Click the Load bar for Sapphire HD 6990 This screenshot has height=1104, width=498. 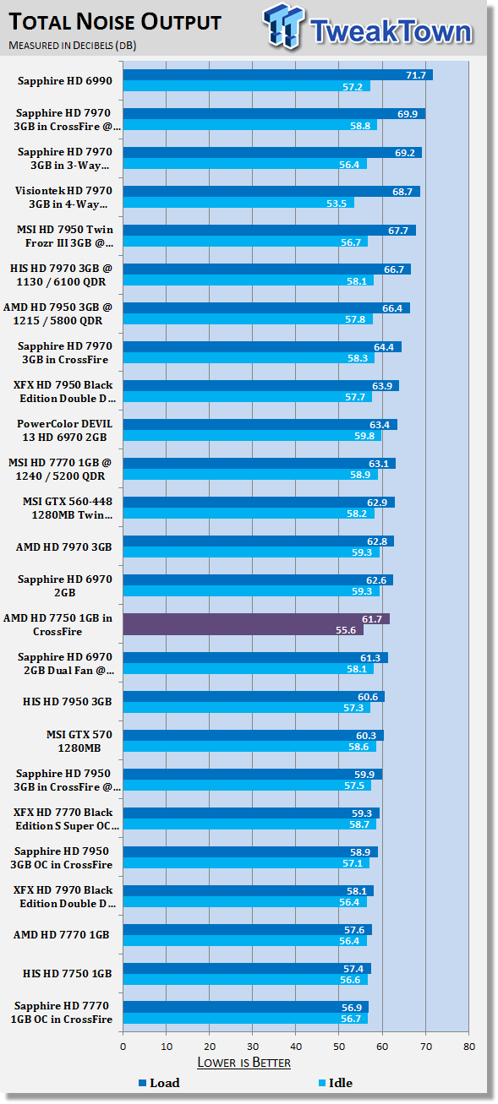[278, 75]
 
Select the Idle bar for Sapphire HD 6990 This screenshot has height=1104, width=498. [247, 86]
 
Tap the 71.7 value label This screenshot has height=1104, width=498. [416, 75]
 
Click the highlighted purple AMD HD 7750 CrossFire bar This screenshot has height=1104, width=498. [256, 624]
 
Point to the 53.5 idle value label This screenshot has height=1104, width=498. [337, 203]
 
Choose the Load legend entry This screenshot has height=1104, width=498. [159, 1083]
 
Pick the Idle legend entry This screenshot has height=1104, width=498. [335, 1083]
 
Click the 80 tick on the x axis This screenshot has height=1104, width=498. [469, 1047]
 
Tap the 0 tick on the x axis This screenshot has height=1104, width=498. [123, 1047]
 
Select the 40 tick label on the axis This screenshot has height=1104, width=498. [296, 1047]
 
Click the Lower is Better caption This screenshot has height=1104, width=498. [244, 1062]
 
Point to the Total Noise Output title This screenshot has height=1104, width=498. [115, 22]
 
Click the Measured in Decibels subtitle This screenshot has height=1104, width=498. [73, 46]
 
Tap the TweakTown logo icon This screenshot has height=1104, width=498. [282, 26]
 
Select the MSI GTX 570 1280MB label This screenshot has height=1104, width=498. [79, 741]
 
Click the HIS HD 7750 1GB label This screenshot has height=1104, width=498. [67, 973]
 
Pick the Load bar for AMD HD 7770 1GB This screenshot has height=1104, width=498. [247, 929]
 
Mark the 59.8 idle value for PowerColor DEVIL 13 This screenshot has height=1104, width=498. [364, 436]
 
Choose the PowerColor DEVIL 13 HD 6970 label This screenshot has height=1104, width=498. [64, 430]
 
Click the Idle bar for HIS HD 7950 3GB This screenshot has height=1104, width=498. [247, 708]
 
